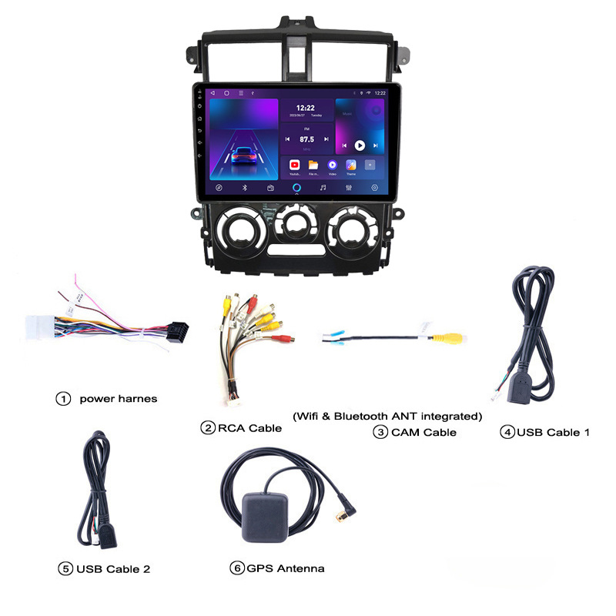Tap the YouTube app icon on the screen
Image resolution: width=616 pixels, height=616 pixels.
pos(294,165)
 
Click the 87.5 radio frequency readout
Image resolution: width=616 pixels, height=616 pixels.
pos(307,139)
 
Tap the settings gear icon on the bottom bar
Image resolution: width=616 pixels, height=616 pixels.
pos(375,187)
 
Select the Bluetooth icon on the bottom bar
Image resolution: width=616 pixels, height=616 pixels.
pos(244,187)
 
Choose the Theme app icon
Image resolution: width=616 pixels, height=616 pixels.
pos(351,165)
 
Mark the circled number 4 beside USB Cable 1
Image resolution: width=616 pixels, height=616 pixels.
pos(507,432)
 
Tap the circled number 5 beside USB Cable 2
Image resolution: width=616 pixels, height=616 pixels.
pos(65,569)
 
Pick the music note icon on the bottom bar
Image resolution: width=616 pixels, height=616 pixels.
pos(323,187)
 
